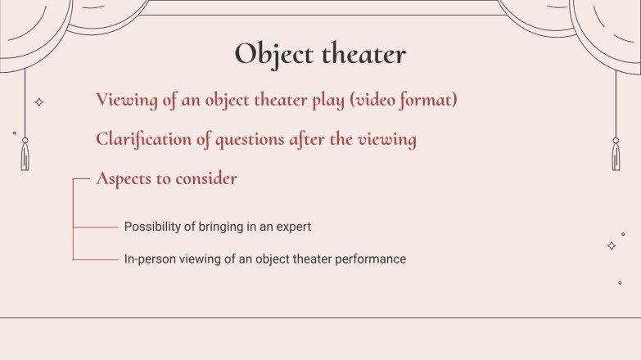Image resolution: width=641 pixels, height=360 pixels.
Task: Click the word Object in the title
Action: click(x=274, y=54)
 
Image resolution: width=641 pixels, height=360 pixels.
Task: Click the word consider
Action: click(x=207, y=178)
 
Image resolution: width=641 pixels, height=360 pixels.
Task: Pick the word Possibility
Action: click(x=153, y=227)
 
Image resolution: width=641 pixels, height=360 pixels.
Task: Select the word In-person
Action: click(x=149, y=259)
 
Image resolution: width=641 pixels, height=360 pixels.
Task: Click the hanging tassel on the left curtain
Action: click(x=25, y=155)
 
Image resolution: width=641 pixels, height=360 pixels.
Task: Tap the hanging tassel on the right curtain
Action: click(x=616, y=155)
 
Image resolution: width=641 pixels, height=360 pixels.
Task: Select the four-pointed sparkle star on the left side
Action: click(x=38, y=102)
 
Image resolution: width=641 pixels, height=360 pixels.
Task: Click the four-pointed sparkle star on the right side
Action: click(x=611, y=245)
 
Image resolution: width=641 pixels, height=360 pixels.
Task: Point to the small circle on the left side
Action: click(x=14, y=133)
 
